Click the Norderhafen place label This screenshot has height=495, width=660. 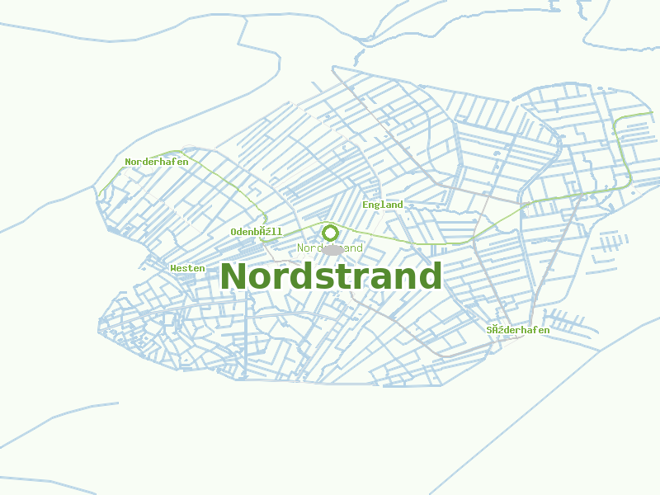pyautogui.click(x=157, y=162)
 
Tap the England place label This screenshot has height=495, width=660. pyautogui.click(x=383, y=205)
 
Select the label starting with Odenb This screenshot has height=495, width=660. pyautogui.click(x=257, y=233)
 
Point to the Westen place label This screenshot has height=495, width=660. pyautogui.click(x=187, y=268)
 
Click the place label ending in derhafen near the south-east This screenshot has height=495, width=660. pyautogui.click(x=518, y=330)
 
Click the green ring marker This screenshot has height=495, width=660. pyautogui.click(x=331, y=233)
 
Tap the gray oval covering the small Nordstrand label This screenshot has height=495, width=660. pyautogui.click(x=332, y=249)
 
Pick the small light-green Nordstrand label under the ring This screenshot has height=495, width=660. pyautogui.click(x=330, y=248)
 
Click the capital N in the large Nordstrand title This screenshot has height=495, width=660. pyautogui.click(x=233, y=276)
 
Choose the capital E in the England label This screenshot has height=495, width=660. pyautogui.click(x=365, y=205)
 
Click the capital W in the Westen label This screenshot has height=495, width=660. pyautogui.click(x=173, y=268)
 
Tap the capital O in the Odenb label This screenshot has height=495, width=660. pyautogui.click(x=234, y=233)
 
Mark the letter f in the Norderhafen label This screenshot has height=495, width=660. pyautogui.click(x=173, y=162)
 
